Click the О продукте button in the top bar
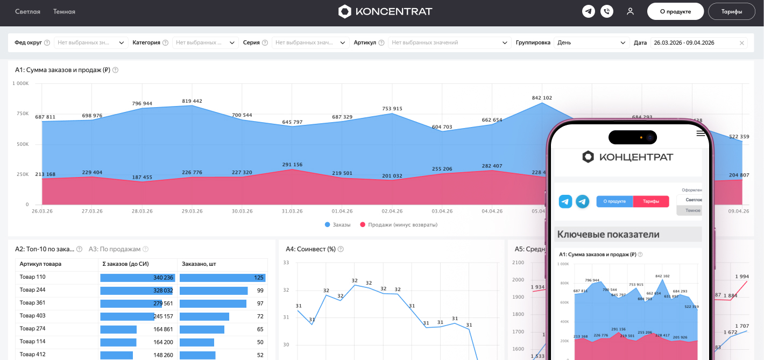point(675,11)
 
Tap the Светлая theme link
point(27,11)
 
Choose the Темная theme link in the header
point(64,11)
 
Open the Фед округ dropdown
point(91,43)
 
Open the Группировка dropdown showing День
point(591,43)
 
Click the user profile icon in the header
point(630,11)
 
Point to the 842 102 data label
point(542,98)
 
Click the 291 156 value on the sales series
point(292,165)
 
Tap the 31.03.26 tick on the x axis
point(292,211)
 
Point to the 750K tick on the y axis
point(23,114)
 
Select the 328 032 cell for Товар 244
point(162,291)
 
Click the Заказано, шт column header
point(199,264)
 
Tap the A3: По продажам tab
point(115,249)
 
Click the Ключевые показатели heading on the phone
point(608,234)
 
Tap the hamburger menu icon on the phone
point(701,133)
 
